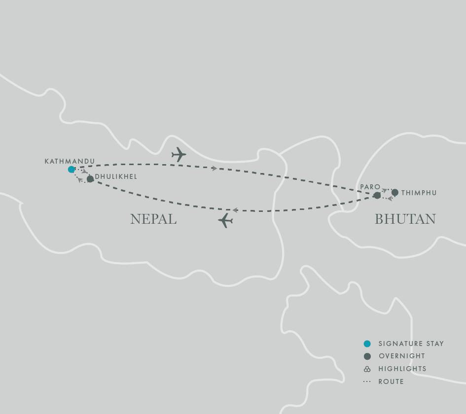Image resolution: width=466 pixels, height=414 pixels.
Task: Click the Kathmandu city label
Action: (70, 161)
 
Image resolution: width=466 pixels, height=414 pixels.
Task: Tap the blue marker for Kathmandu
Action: (72, 170)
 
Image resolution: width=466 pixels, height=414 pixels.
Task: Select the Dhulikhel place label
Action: (116, 176)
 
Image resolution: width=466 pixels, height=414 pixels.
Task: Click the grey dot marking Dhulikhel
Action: (90, 179)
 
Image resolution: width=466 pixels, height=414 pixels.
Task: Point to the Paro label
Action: (370, 187)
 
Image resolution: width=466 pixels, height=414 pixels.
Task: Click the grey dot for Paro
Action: (377, 196)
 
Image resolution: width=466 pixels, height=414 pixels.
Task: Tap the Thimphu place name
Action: (419, 193)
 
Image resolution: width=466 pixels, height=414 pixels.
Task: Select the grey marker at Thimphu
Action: (395, 192)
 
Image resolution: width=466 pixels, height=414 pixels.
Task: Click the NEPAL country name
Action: (153, 219)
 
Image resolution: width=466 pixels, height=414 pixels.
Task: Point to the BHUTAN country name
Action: (405, 219)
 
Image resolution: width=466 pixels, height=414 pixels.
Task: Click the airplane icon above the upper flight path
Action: (179, 154)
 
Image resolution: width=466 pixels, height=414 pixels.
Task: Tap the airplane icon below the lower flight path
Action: (225, 220)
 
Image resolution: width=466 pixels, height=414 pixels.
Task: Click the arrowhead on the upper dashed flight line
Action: (215, 169)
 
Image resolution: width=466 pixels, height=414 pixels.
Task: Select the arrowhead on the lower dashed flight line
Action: (235, 210)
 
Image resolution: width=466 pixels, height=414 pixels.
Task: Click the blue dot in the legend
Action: (367, 344)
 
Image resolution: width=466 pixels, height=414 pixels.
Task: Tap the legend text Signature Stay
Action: (411, 344)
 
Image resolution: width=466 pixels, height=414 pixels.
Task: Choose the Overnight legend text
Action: (401, 356)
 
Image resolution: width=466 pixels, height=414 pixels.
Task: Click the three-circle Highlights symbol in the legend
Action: (367, 369)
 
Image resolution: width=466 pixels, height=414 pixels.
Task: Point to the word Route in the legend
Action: (391, 381)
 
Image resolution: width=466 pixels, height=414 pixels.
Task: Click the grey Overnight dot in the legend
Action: (367, 356)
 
